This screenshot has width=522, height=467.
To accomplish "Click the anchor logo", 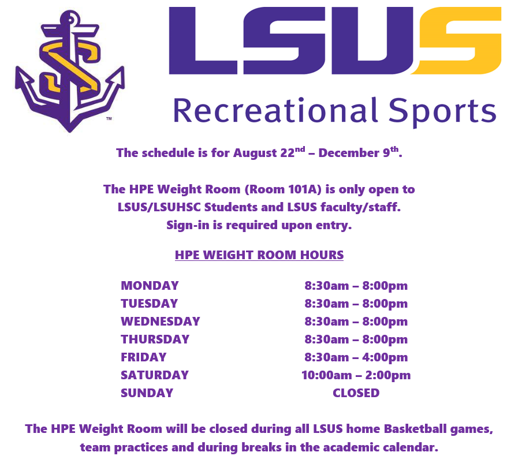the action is [69, 72].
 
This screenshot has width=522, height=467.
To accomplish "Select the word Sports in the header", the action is [442, 112].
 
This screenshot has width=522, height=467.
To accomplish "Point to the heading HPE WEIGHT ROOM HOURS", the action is [259, 255].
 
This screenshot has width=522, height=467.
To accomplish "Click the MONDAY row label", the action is [150, 286].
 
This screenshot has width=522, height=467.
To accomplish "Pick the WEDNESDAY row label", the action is [161, 322].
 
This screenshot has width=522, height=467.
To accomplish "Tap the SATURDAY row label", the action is [155, 375].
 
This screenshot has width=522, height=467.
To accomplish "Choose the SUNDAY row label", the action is [147, 393].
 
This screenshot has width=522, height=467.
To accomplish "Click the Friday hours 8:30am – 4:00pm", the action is [356, 357].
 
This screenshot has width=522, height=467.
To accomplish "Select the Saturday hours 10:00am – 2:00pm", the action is [356, 375].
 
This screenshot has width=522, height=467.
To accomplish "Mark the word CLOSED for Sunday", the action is [356, 393].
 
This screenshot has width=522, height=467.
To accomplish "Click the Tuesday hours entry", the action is [356, 304].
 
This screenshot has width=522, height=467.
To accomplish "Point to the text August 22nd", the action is [269, 152].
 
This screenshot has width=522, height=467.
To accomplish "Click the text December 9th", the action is [359, 152].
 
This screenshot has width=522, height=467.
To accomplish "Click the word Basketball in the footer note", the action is [415, 429].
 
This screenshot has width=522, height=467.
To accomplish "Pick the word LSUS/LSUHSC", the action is [159, 207].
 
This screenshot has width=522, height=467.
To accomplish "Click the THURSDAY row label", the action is [155, 339].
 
